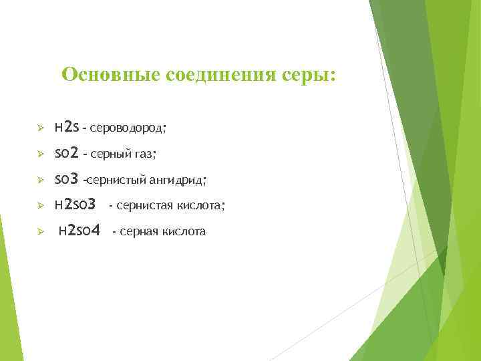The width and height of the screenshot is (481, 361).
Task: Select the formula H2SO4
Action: pos(79,231)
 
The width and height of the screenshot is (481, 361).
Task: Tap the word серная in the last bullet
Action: pos(139,232)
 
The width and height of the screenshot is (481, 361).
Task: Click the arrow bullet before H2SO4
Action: pos(40,231)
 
